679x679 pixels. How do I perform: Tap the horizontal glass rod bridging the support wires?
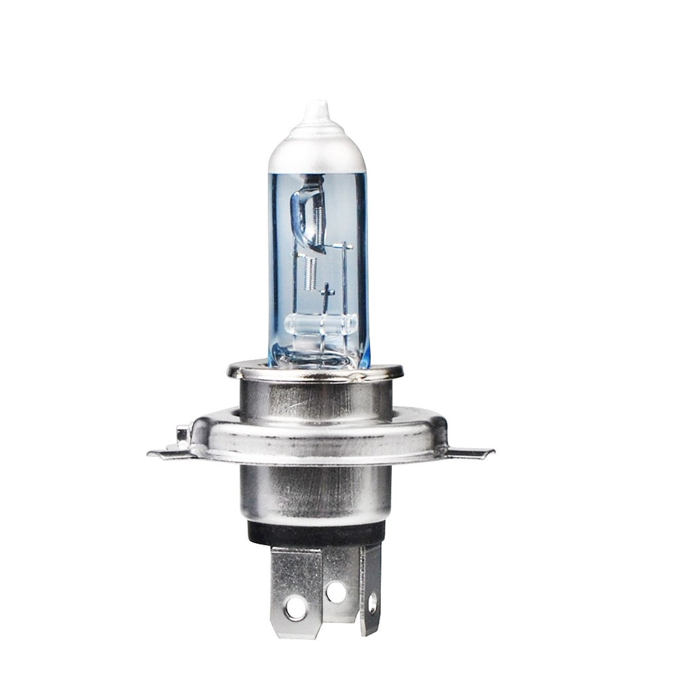[320, 324]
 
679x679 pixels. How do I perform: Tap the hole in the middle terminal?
[335, 591]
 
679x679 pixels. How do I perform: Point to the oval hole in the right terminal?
[372, 602]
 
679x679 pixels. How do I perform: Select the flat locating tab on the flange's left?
[166, 452]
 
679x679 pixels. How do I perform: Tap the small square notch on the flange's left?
[182, 433]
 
